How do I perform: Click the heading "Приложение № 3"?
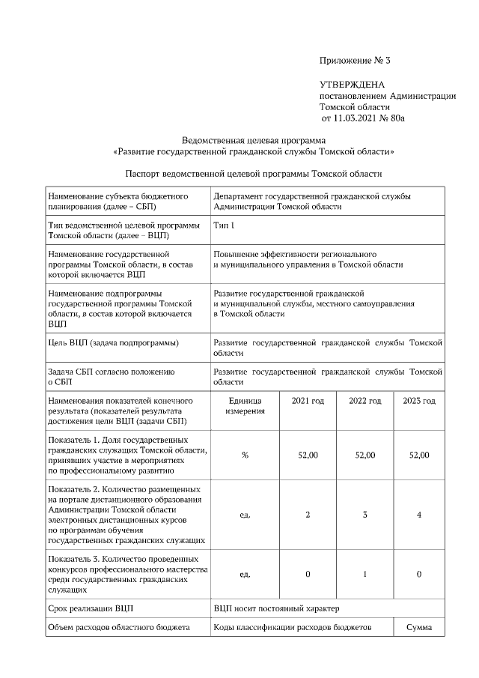[x=356, y=60]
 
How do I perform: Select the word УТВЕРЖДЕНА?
[x=352, y=85]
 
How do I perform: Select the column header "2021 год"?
[x=308, y=402]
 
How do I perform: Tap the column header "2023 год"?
[x=418, y=402]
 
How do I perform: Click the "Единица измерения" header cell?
[x=245, y=407]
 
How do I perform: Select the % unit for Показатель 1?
[x=245, y=455]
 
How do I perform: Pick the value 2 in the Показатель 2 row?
[x=308, y=515]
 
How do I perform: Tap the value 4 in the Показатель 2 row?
[x=418, y=515]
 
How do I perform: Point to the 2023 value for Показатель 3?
[x=418, y=575]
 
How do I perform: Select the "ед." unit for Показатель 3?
[x=245, y=575]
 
